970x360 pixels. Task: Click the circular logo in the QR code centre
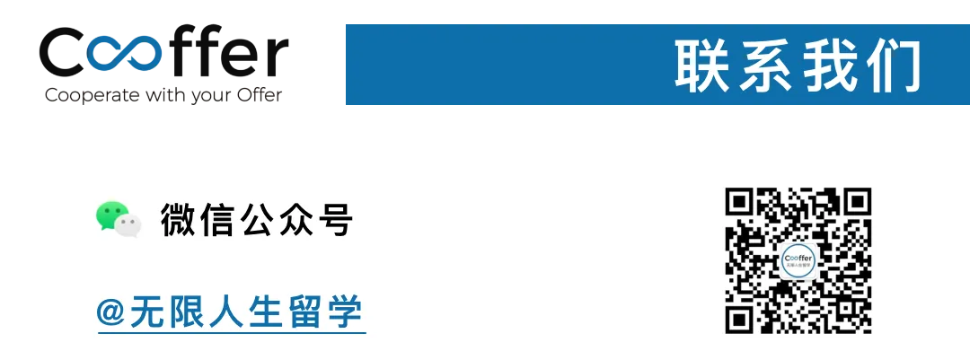798,260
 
